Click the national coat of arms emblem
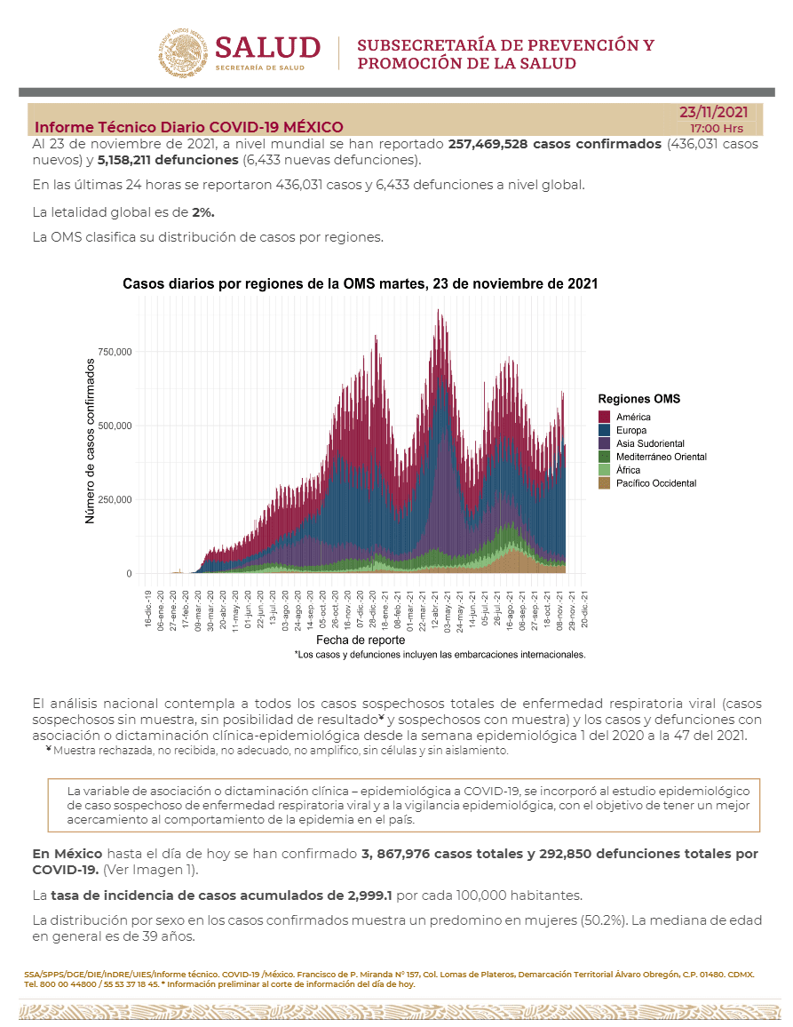[x=183, y=53]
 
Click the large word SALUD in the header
[x=268, y=48]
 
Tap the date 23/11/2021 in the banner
[x=713, y=112]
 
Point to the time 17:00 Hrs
[x=717, y=128]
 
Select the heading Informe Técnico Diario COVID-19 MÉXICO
[x=188, y=127]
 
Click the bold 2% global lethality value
[x=203, y=212]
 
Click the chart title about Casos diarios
[x=361, y=283]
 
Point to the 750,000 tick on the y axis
[x=115, y=352]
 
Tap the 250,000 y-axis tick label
[x=115, y=500]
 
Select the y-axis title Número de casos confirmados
[x=91, y=441]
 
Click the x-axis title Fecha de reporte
[x=361, y=640]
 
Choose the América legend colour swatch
[x=605, y=418]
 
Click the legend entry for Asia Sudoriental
[x=650, y=443]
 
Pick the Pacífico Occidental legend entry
[x=656, y=483]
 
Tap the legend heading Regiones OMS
[x=639, y=399]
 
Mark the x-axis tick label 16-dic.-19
[x=148, y=609]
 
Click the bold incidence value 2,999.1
[x=370, y=896]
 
